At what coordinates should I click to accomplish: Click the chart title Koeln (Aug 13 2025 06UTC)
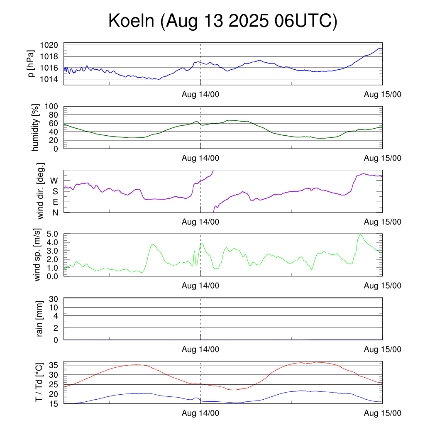(223, 21)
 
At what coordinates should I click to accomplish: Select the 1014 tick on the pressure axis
(51, 79)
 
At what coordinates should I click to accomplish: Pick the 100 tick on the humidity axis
(53, 106)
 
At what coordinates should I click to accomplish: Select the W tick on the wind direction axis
(54, 181)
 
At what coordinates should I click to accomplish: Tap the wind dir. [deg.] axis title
(41, 191)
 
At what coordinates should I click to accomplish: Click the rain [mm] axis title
(40, 319)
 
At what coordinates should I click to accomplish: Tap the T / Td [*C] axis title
(39, 382)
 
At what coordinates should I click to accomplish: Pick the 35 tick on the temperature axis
(54, 365)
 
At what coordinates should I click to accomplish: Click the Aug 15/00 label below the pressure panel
(382, 95)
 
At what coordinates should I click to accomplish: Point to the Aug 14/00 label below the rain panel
(200, 349)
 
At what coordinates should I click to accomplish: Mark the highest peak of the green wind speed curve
(360, 235)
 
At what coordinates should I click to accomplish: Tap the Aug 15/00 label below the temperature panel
(382, 413)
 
